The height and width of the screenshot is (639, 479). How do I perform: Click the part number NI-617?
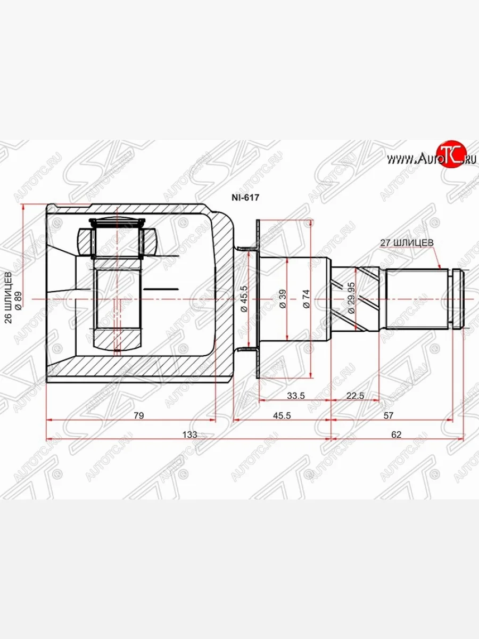pos(244,196)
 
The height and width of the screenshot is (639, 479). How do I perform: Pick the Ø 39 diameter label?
pos(283,299)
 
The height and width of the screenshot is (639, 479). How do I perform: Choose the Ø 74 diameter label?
pos(306,299)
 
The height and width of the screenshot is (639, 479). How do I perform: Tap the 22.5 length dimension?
pos(355,395)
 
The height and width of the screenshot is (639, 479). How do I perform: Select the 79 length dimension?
pos(139,415)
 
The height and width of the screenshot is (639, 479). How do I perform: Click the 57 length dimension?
pos(389,415)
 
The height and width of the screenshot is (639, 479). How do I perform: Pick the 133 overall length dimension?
pos(189,435)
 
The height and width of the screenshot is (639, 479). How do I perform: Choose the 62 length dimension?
pos(396,435)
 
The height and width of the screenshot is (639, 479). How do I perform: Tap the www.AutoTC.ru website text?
pos(426,158)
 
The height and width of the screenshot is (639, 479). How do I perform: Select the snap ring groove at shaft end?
pos(456,299)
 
